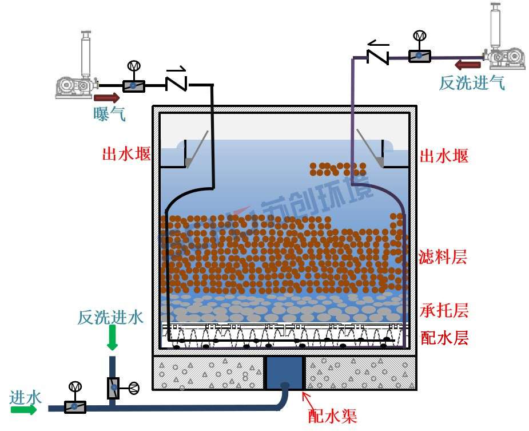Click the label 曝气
[109, 114]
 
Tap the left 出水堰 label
[126, 154]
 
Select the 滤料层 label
[443, 257]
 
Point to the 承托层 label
[444, 310]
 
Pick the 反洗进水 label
[110, 317]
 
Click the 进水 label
[26, 397]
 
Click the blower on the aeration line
[78, 72]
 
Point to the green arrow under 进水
[23, 409]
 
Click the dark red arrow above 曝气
[107, 98]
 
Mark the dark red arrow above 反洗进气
[468, 65]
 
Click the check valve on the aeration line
[176, 81]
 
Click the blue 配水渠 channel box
[284, 372]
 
